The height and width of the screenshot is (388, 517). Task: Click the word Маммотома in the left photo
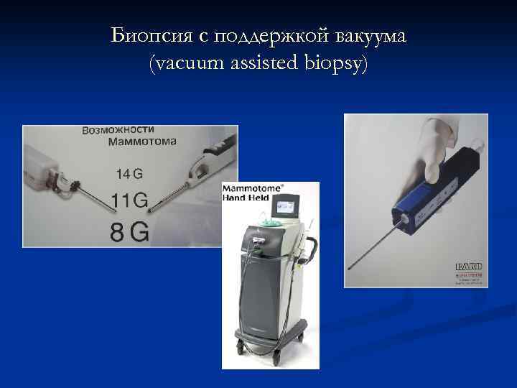pos(142,142)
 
